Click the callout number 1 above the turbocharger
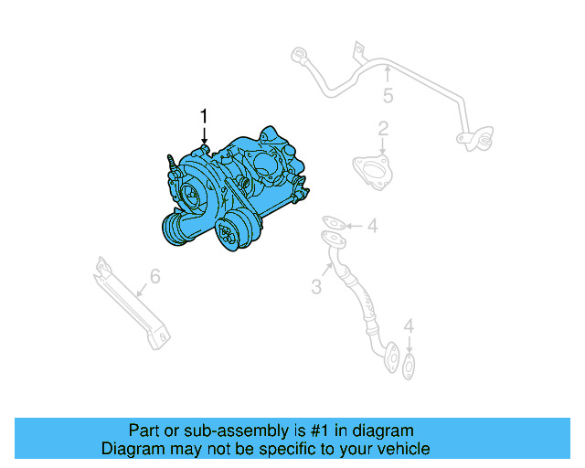click(204, 116)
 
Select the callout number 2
click(384, 128)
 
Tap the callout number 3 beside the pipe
click(316, 287)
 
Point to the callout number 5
click(388, 96)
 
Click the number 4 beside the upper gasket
click(372, 226)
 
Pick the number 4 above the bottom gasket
click(409, 325)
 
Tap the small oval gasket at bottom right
click(409, 366)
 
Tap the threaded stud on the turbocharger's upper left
click(172, 162)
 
